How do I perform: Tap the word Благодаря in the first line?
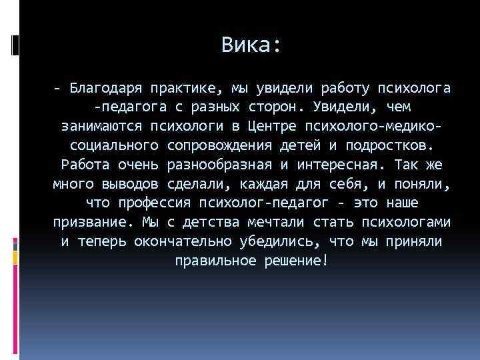click(x=106, y=87)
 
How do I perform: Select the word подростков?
click(x=381, y=145)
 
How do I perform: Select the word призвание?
click(x=91, y=222)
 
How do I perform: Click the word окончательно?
click(x=183, y=241)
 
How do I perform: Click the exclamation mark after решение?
click(x=324, y=260)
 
